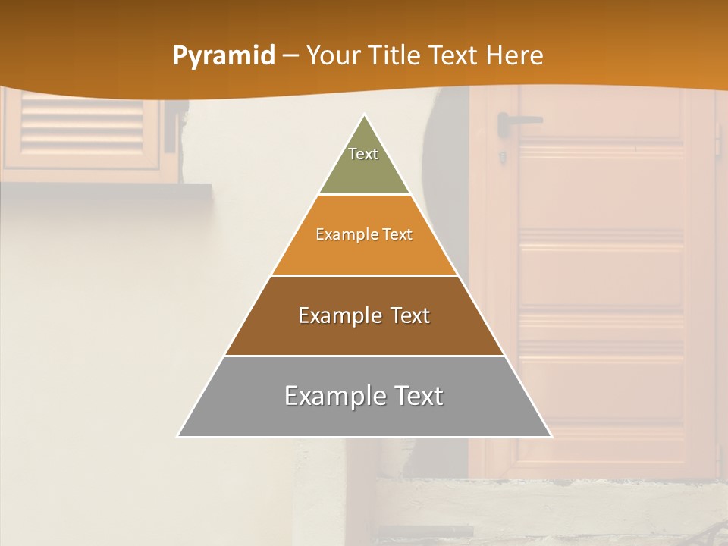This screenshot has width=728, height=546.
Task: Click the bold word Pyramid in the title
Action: pyautogui.click(x=224, y=56)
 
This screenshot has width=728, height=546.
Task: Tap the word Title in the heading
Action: pyautogui.click(x=397, y=55)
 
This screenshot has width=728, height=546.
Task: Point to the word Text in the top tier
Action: pyautogui.click(x=363, y=154)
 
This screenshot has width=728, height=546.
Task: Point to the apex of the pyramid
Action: pyautogui.click(x=365, y=116)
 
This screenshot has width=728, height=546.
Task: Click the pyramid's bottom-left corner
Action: pyautogui.click(x=178, y=436)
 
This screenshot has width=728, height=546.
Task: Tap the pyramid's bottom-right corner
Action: pyautogui.click(x=551, y=436)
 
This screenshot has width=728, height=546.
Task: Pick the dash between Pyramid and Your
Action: pyautogui.click(x=290, y=56)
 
